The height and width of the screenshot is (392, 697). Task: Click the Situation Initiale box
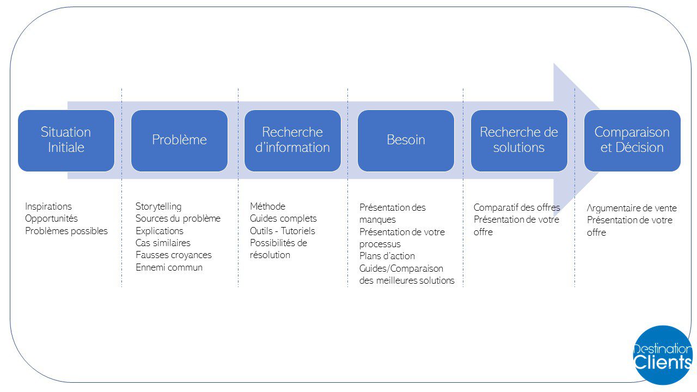tap(66, 140)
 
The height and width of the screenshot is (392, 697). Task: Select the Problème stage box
tap(179, 140)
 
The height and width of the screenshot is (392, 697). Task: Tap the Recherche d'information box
tap(292, 140)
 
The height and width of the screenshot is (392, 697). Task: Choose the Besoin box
tap(406, 140)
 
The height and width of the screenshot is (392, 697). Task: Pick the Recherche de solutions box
tap(519, 140)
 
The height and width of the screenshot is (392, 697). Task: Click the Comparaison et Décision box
tap(632, 140)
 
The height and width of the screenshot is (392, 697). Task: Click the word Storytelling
tap(158, 206)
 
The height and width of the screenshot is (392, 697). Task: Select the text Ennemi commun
tap(169, 267)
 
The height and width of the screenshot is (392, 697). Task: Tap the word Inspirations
tap(48, 206)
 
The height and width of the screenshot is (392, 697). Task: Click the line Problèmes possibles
tap(66, 231)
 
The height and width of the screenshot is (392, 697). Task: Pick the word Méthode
tap(267, 206)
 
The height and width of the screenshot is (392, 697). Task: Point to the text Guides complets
tap(283, 218)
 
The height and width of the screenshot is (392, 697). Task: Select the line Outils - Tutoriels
tap(283, 231)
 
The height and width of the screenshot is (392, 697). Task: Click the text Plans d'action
tap(387, 256)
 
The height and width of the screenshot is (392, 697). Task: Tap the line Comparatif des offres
tap(517, 207)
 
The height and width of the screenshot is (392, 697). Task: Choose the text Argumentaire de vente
tap(632, 208)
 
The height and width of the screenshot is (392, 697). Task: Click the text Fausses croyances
tap(174, 255)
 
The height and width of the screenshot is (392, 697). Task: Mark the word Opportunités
tap(51, 218)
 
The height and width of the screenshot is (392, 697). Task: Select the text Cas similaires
tap(163, 243)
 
